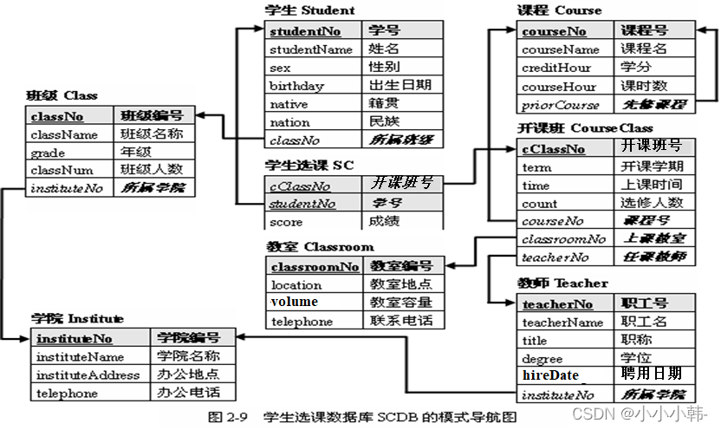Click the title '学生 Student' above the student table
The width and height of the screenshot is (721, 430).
309,10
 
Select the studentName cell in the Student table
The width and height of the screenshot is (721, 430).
311,49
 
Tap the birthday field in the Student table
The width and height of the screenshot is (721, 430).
296,86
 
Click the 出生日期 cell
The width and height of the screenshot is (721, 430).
400,86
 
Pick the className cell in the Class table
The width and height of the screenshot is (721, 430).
64,134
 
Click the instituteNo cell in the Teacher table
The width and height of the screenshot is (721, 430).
555,395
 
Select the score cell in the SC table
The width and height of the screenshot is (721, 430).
287,221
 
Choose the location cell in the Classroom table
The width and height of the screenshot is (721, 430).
296,284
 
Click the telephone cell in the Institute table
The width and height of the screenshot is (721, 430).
67,393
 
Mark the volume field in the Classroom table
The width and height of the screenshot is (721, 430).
295,303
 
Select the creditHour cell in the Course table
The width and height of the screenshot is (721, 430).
556,68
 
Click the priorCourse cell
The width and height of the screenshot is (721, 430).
561,105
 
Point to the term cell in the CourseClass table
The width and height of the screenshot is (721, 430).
537,166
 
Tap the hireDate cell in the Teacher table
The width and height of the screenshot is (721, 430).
550,375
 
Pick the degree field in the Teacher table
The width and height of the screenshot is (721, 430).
542,358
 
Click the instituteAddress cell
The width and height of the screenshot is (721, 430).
88,375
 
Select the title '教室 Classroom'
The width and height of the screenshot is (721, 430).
321,247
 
